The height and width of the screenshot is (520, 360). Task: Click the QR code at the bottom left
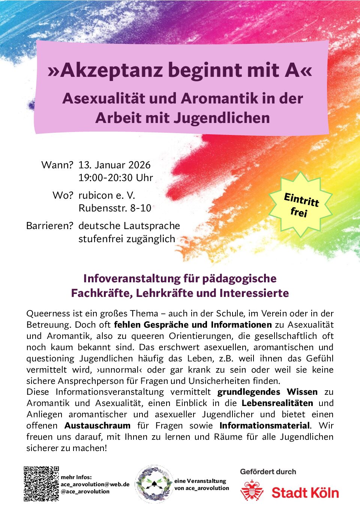pos(41,484)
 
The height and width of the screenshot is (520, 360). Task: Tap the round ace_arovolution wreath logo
pos(153,484)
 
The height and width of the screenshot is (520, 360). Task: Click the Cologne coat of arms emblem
pos(252,491)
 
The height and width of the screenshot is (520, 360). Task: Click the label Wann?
pos(57,165)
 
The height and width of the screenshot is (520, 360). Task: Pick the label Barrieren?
pos(49,226)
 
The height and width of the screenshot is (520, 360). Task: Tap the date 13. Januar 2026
pos(114,165)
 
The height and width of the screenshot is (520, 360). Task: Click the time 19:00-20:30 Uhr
pos(115,178)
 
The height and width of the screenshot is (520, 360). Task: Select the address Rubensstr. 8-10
pos(115,208)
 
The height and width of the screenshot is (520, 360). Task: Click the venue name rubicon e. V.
pos(106,195)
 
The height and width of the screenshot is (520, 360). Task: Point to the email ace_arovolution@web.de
pos(95,484)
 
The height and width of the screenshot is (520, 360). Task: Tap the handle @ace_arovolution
pos(85,492)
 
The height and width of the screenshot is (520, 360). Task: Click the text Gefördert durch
pos(268,472)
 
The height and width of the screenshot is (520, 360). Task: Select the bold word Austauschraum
pos(97,426)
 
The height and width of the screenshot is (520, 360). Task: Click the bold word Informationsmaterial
pos(265,426)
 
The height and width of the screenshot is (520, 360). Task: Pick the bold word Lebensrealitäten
pos(277,403)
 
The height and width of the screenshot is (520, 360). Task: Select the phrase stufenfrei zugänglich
pos(127,239)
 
